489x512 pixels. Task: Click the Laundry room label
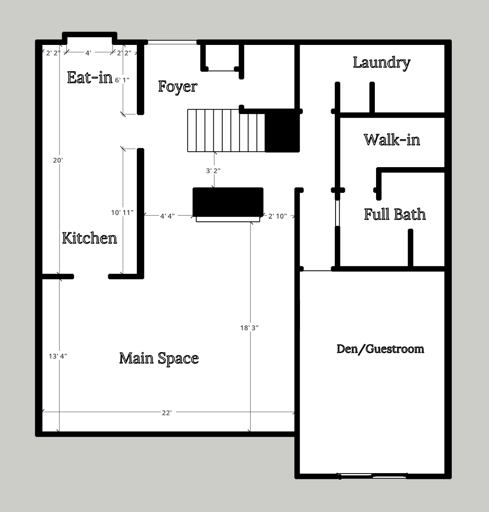point(381,63)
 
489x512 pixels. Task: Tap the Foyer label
point(178,87)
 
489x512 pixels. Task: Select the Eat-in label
point(90,77)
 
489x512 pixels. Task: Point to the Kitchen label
point(89,238)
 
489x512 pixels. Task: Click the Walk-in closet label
point(392,140)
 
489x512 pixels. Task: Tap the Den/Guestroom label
point(380,349)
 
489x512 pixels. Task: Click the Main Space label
point(159,359)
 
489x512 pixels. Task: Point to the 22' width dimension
point(167,413)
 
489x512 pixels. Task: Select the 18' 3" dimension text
point(249,327)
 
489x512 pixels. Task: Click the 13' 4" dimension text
point(58,356)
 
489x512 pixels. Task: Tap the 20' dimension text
point(58,160)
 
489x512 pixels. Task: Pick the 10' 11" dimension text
point(122,212)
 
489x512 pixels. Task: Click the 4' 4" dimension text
point(168,216)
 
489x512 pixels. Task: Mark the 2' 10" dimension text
point(277,216)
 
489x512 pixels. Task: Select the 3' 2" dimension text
point(213,171)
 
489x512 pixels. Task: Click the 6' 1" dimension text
point(122,80)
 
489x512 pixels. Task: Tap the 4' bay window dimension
point(88,53)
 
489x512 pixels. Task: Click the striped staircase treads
point(226,130)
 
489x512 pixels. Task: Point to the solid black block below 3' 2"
point(228,202)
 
